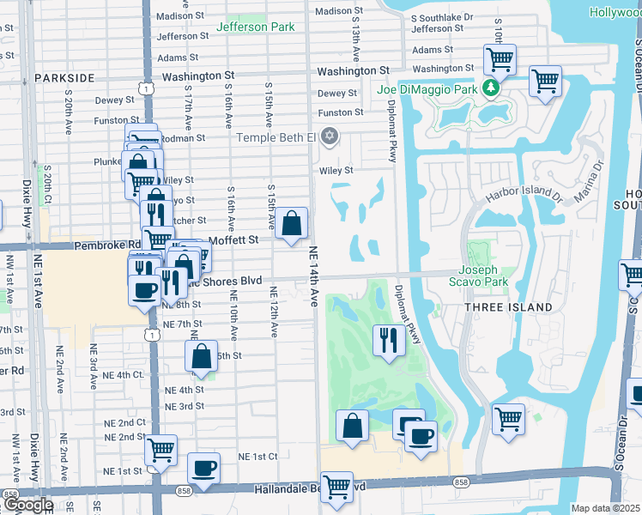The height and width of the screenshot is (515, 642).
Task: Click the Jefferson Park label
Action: (x=256, y=27)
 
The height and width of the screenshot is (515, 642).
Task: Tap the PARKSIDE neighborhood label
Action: (x=65, y=77)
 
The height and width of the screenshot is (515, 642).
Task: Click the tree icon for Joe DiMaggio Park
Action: (x=490, y=87)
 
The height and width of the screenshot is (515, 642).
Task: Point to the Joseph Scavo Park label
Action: (x=479, y=275)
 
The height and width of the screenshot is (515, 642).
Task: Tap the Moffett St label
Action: (x=233, y=240)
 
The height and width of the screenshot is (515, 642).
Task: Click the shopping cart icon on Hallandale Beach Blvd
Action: (x=337, y=486)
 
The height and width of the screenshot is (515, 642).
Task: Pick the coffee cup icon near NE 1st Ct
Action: (x=203, y=468)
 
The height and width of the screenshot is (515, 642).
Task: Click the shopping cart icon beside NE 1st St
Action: (x=160, y=449)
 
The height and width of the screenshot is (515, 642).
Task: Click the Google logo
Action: (x=28, y=505)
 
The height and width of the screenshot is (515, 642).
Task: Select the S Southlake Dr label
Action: (x=441, y=17)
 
